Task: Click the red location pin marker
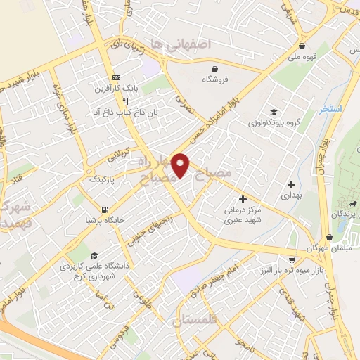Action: point(181,165)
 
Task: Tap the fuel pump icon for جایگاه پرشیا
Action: point(105,210)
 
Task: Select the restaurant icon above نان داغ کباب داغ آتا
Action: point(124,101)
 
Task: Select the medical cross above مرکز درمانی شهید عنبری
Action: point(243,199)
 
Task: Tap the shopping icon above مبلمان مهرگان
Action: point(330,238)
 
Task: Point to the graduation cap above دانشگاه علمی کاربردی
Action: point(95,255)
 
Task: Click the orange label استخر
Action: point(329,110)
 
